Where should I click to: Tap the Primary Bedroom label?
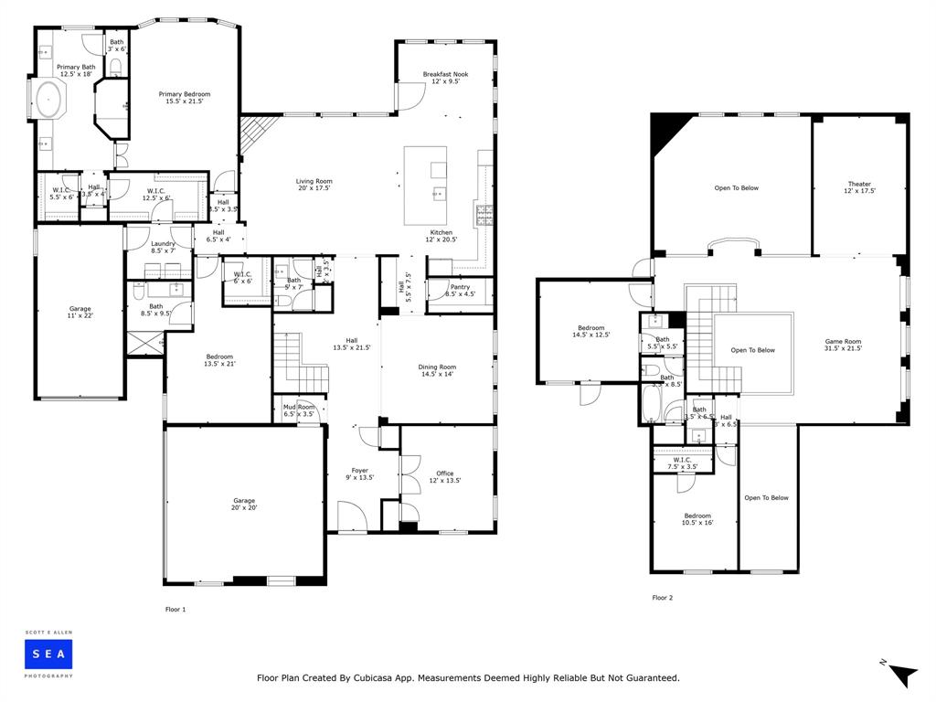pyautogui.click(x=185, y=98)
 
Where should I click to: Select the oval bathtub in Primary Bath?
pyautogui.click(x=48, y=100)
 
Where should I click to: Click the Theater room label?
pyautogui.click(x=859, y=187)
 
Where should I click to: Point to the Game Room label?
pyautogui.click(x=843, y=345)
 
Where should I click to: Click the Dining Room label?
pyautogui.click(x=436, y=370)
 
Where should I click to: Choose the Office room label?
pyautogui.click(x=444, y=477)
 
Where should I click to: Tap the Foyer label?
pyautogui.click(x=359, y=473)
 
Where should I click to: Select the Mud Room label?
pyautogui.click(x=299, y=410)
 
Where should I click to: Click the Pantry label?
pyautogui.click(x=459, y=291)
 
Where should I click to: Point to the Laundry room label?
pyautogui.click(x=163, y=247)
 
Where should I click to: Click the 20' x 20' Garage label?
pyautogui.click(x=244, y=504)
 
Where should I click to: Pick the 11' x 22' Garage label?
pyautogui.click(x=80, y=312)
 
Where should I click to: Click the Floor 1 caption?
pyautogui.click(x=175, y=609)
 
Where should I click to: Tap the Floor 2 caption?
pyautogui.click(x=662, y=598)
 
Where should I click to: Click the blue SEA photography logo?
pyautogui.click(x=49, y=653)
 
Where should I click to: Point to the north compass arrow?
pyautogui.click(x=902, y=674)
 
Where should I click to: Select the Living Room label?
pyautogui.click(x=314, y=185)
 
